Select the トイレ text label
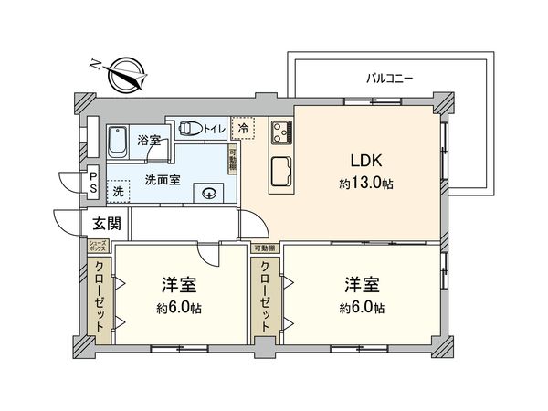point(213,129)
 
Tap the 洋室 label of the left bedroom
point(178,283)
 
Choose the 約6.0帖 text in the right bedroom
point(364,307)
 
